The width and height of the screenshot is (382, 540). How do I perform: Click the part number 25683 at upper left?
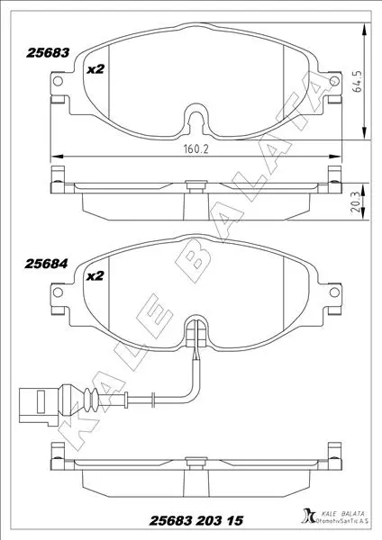pyautogui.click(x=48, y=53)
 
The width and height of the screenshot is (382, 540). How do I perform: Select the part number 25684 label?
pyautogui.click(x=46, y=264)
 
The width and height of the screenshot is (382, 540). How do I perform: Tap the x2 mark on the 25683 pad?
pyautogui.click(x=95, y=69)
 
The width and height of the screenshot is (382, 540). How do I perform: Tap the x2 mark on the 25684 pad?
pyautogui.click(x=95, y=276)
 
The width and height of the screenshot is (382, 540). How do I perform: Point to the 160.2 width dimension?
pyautogui.click(x=196, y=149)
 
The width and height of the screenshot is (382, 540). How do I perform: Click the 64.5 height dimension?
pyautogui.click(x=359, y=81)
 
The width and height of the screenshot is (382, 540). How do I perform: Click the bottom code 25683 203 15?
pyautogui.click(x=196, y=520)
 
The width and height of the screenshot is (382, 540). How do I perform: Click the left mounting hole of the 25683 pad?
pyautogui.click(x=58, y=81)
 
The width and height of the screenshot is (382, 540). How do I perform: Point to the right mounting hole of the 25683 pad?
pyautogui.click(x=334, y=81)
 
